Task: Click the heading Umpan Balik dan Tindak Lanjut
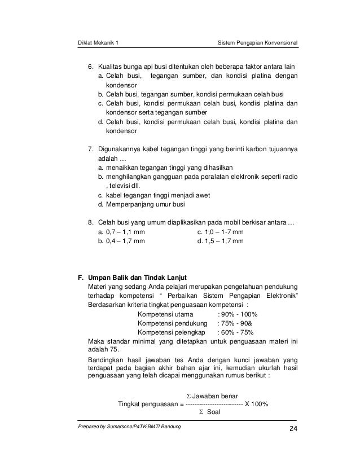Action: (x=134, y=278)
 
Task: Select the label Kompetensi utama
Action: (x=165, y=314)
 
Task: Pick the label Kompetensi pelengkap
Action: (x=170, y=333)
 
